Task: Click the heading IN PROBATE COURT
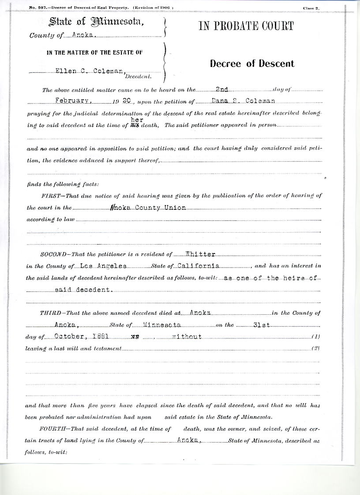pos(246,26)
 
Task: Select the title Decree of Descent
pos(252,63)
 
